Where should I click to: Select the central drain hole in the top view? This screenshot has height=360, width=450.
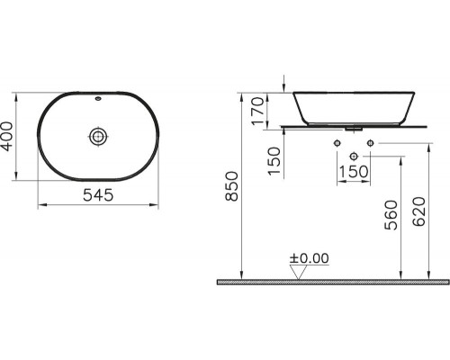98,136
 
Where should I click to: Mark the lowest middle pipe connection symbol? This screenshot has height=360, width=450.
352,156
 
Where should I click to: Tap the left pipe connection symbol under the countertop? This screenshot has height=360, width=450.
336,143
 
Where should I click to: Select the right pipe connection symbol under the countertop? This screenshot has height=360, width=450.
369,143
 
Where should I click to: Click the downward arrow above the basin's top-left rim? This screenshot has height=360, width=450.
285,84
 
